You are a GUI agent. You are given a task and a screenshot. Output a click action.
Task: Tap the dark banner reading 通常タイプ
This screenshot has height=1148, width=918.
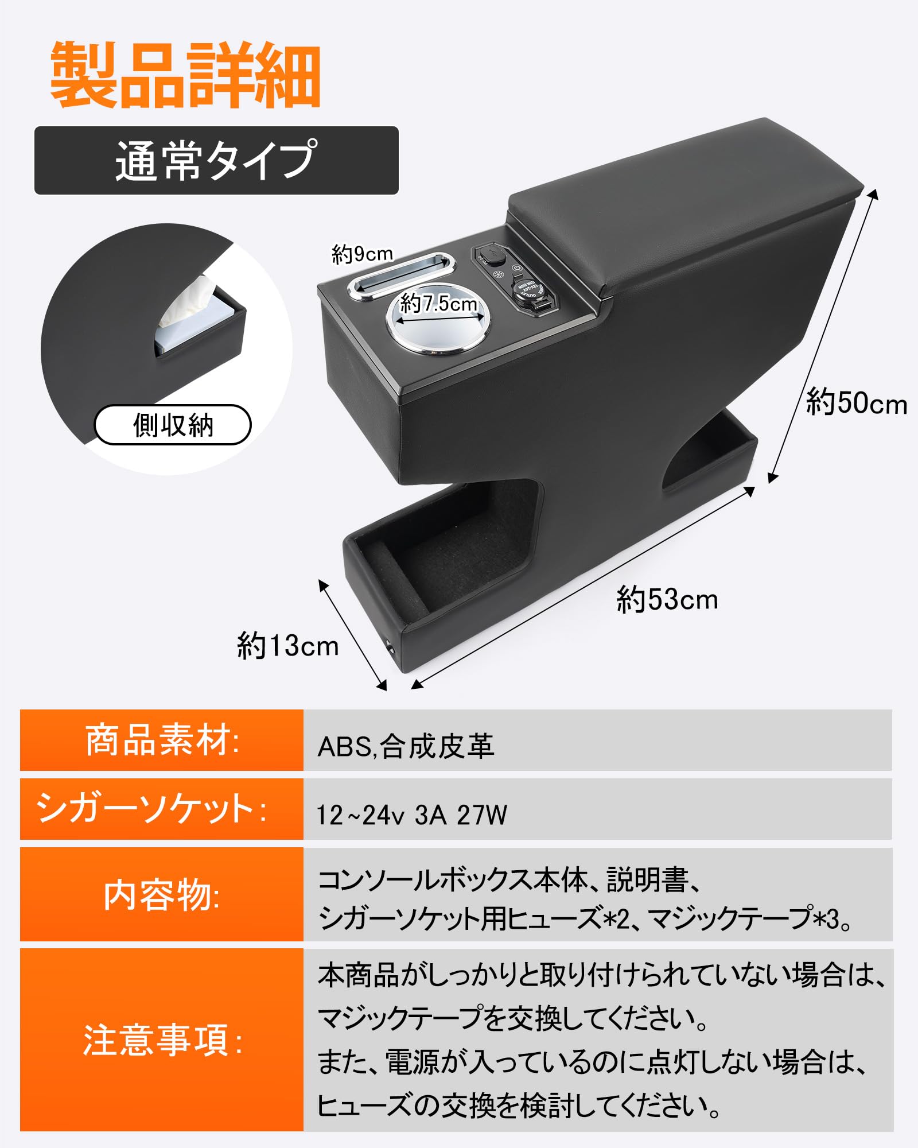[216, 161]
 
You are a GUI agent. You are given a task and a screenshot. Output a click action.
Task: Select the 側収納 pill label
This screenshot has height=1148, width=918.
[173, 425]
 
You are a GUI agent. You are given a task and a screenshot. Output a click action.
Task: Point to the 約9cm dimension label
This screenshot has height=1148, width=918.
[363, 253]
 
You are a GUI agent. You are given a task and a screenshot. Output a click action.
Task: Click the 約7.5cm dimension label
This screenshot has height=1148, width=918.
[438, 303]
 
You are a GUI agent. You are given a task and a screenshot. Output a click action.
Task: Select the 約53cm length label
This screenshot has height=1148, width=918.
[667, 600]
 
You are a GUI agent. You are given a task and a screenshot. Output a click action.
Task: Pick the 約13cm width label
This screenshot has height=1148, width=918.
[287, 646]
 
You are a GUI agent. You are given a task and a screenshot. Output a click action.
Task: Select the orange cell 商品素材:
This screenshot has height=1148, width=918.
[162, 740]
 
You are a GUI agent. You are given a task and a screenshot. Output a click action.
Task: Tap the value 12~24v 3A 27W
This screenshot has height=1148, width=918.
[412, 815]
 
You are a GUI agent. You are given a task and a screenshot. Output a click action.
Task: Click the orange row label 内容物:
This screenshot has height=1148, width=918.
[162, 895]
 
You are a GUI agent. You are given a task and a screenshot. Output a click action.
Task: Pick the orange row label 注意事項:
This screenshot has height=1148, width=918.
[162, 1040]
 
